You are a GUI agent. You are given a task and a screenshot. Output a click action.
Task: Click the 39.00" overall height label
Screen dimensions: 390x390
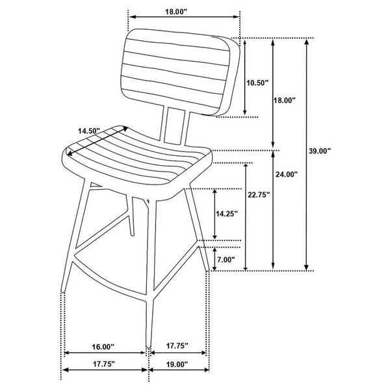[320, 151]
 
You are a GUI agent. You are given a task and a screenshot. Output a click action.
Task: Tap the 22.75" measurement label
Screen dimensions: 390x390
[259, 194]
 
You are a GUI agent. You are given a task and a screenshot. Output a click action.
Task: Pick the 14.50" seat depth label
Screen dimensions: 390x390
[88, 131]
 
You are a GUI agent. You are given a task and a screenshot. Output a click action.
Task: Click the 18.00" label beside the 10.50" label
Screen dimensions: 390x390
[285, 100]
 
